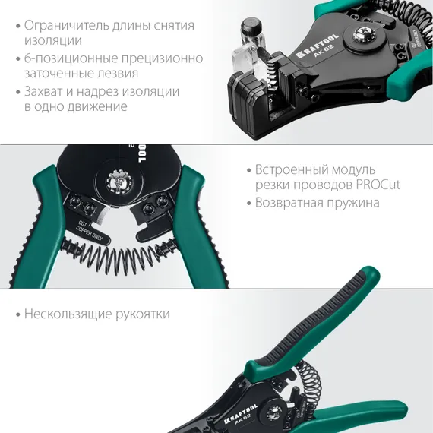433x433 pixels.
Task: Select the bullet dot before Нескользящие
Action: pyautogui.click(x=16, y=314)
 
